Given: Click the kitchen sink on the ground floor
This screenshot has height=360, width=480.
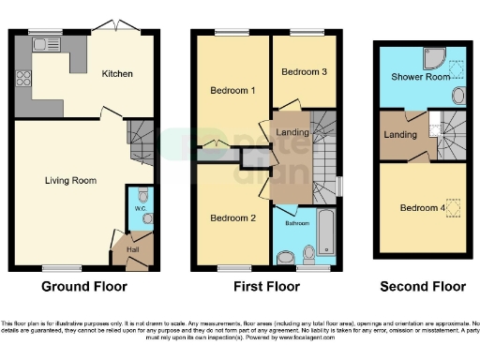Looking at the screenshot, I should click(x=43, y=43).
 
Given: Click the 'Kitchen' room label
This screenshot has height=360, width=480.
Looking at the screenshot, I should click(x=118, y=73).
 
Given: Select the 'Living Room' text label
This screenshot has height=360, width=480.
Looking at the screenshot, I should click(x=72, y=179).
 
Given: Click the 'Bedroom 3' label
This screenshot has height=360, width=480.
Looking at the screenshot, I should click(x=302, y=72).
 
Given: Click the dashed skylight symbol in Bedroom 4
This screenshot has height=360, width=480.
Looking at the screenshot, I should click(x=455, y=207).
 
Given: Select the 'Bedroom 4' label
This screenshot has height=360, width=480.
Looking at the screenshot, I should click(x=419, y=208).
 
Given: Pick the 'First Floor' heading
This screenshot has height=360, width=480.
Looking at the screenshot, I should click(x=265, y=287).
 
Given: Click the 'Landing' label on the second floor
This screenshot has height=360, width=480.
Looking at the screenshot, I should click(x=401, y=137).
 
